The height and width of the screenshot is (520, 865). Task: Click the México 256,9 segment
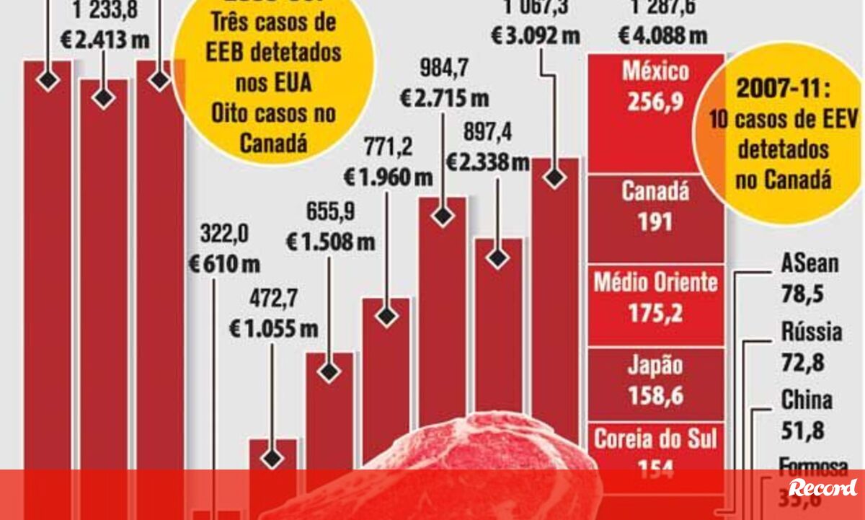click(656, 112)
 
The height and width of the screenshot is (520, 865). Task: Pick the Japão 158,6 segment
click(656, 383)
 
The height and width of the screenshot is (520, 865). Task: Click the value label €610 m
click(224, 264)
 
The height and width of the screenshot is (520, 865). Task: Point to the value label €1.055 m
click(274, 329)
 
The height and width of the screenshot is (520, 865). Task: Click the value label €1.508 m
click(330, 241)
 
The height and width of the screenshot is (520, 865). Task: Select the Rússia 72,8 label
click(811, 347)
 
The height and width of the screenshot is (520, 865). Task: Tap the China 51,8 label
click(806, 415)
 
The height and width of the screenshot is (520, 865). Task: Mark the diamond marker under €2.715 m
click(443, 215)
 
